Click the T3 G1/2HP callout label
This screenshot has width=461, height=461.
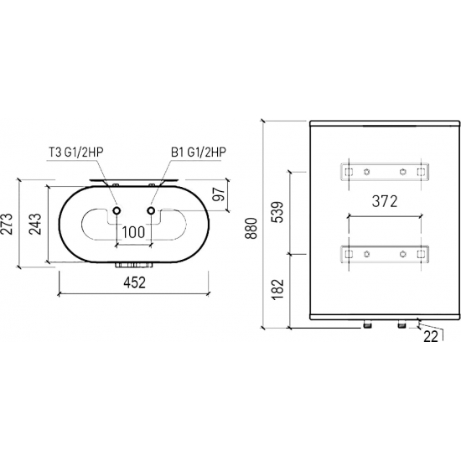[75, 153]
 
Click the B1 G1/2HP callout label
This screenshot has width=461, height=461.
[199, 153]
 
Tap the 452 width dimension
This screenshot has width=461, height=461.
[134, 282]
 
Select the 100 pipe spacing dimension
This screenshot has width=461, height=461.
[133, 232]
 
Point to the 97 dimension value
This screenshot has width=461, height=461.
[219, 194]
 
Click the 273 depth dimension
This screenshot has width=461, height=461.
[7, 224]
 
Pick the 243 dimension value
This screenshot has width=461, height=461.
[35, 224]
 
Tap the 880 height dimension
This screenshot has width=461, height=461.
[251, 228]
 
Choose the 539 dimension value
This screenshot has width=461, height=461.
[277, 212]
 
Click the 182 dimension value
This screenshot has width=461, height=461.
[277, 289]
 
